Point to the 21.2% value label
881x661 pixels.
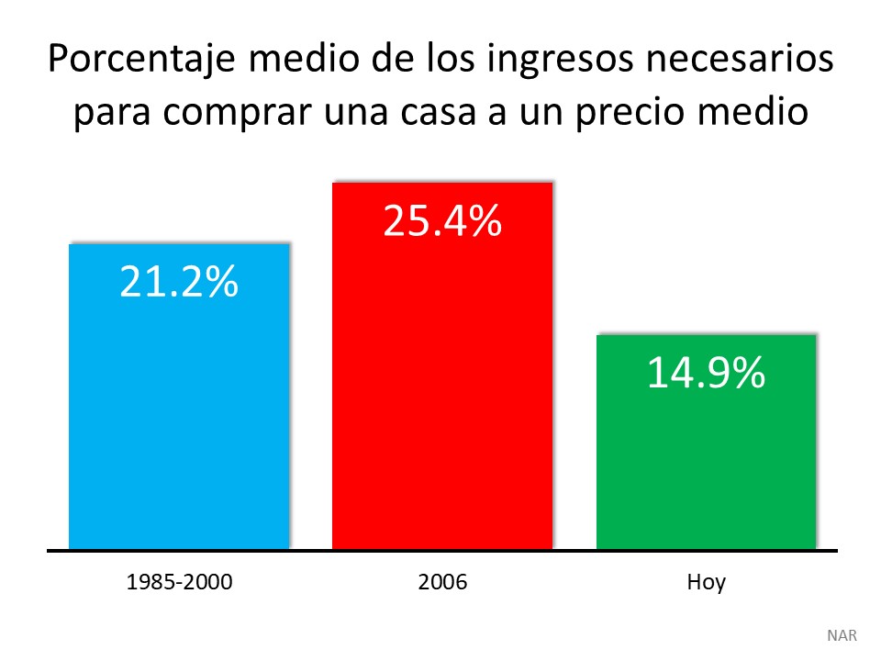tap(179, 283)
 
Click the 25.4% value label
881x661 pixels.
tap(441, 222)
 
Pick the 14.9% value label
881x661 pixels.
tap(706, 374)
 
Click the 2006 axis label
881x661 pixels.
tap(441, 582)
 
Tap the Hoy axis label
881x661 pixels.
tap(706, 582)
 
